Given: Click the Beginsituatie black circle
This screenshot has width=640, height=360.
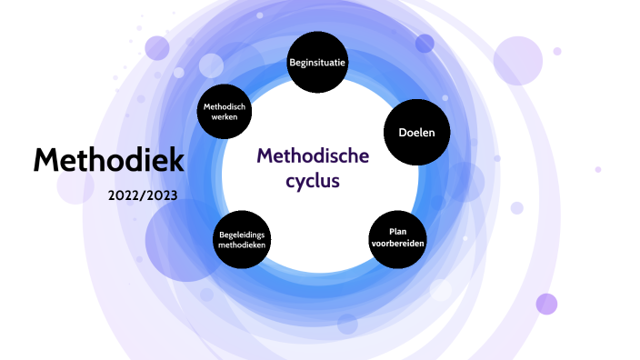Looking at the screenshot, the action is click(x=319, y=63).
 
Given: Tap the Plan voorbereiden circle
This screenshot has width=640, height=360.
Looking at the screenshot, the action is click(x=397, y=238).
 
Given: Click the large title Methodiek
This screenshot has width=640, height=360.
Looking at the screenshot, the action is click(x=109, y=161).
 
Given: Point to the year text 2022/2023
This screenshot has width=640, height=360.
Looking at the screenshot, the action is click(x=142, y=195).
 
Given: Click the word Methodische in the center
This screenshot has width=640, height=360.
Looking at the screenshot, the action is click(x=313, y=156).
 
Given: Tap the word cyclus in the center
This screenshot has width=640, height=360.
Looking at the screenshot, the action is click(x=313, y=180).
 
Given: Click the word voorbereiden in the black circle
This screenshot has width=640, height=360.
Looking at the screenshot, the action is click(x=397, y=245).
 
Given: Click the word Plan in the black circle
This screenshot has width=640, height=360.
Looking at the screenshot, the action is click(x=397, y=232).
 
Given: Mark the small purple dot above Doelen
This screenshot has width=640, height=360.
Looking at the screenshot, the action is click(x=425, y=43).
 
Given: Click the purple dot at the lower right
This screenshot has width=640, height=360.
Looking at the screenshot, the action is click(x=546, y=304).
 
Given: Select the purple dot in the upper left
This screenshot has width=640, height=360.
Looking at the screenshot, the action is click(x=157, y=47).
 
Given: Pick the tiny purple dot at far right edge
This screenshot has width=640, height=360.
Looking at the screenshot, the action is click(x=598, y=169).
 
